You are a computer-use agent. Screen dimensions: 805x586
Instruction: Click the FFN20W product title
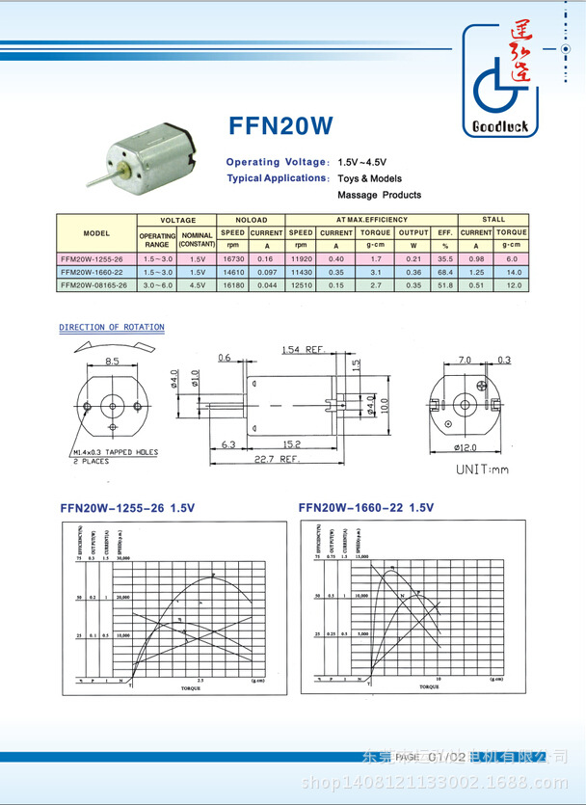[x=281, y=126]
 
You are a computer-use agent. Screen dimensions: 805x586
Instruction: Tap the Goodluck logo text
[x=499, y=131]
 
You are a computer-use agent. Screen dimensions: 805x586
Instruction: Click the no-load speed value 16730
[x=232, y=258]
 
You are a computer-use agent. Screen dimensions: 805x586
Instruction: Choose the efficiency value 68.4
[x=444, y=272]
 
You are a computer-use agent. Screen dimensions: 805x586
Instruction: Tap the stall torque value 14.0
[x=513, y=272]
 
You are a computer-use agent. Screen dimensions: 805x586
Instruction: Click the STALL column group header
[x=493, y=220]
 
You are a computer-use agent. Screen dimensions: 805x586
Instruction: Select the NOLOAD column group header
[x=251, y=220]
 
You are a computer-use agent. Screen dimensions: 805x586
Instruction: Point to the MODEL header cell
[x=95, y=233]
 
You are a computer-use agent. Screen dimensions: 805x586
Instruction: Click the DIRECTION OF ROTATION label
[x=111, y=328]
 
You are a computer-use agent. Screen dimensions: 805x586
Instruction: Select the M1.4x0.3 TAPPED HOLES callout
[x=115, y=451]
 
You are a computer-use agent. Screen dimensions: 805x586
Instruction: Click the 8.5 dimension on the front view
[x=112, y=361]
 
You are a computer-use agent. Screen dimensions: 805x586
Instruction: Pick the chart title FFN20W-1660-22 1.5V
[x=366, y=507]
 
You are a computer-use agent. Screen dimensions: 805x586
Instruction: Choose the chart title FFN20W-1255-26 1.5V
[x=127, y=507]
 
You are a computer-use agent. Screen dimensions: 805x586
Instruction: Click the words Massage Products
[x=379, y=195]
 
